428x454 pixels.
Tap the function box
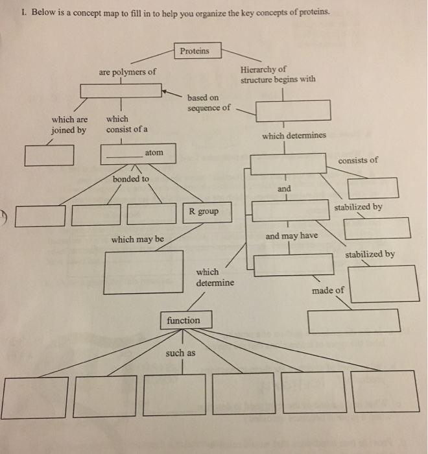184,320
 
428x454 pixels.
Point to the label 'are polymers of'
127,72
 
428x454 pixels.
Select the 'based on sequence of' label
208,102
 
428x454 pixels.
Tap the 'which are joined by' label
69,125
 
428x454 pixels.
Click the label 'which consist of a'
126,124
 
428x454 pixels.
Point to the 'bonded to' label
130,178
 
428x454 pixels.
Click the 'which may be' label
137,239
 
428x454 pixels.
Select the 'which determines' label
294,136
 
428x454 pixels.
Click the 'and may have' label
291,235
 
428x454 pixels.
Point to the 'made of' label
327,290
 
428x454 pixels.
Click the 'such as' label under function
180,353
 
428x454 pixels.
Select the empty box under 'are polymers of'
121,91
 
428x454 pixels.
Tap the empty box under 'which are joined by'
49,155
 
